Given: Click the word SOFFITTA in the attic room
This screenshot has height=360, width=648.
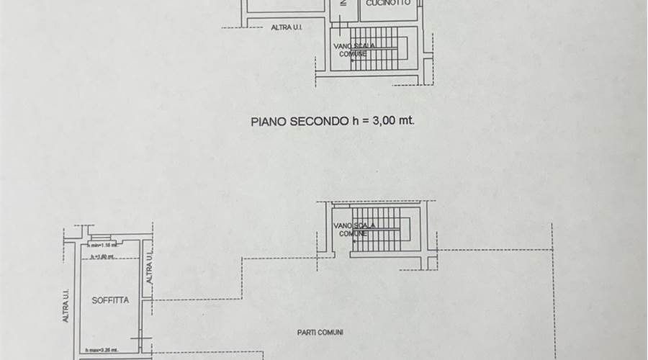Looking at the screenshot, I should click(111, 300).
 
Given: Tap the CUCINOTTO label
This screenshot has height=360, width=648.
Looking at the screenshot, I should click(387, 4).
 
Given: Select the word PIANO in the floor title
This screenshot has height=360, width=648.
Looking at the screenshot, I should click(269, 122).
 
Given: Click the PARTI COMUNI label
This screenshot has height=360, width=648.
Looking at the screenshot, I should click(320, 332).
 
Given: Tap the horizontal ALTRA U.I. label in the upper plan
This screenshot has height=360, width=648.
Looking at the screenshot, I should click(286, 28).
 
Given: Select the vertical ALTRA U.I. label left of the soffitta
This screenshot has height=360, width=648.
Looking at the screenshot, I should click(66, 306).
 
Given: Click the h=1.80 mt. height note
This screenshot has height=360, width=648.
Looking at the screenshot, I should click(103, 256).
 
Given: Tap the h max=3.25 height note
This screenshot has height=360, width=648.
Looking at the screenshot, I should click(102, 351).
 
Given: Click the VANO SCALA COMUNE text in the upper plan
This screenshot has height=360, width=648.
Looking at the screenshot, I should click(354, 50).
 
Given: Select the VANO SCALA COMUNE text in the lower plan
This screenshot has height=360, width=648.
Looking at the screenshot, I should click(354, 230).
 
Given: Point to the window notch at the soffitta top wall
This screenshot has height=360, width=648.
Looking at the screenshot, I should click(102, 238).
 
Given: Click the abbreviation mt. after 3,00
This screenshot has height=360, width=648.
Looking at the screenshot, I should click(408, 122).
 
